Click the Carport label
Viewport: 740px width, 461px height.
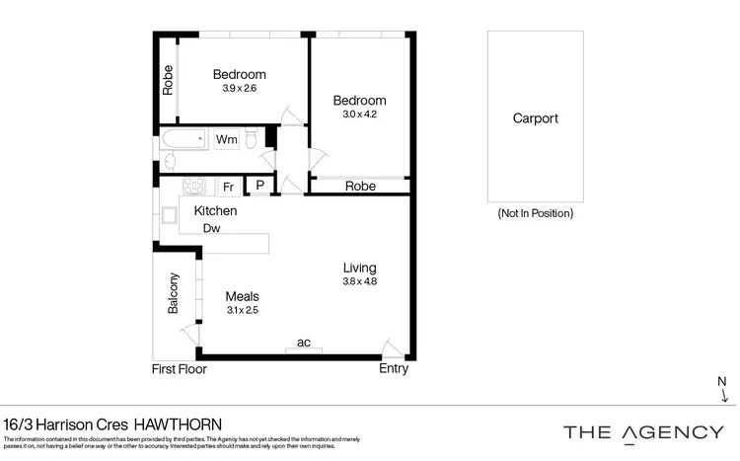pyautogui.click(x=535, y=118)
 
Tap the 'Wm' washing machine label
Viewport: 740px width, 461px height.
pyautogui.click(x=226, y=140)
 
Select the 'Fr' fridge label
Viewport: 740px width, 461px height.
pyautogui.click(x=227, y=187)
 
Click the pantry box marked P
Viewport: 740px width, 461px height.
pyautogui.click(x=259, y=185)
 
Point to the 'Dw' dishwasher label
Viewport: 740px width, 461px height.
pyautogui.click(x=210, y=228)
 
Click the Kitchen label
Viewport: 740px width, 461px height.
pyautogui.click(x=215, y=211)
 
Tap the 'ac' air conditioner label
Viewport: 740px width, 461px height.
pyautogui.click(x=304, y=343)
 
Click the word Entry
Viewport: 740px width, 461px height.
pyautogui.click(x=394, y=369)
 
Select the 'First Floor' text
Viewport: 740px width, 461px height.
pyautogui.click(x=179, y=369)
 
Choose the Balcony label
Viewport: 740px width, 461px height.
pyautogui.click(x=174, y=293)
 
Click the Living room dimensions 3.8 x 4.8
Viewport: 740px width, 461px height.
pyautogui.click(x=359, y=282)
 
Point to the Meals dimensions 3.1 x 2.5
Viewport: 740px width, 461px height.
pyautogui.click(x=242, y=311)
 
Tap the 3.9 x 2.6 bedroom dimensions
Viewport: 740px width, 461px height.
pyautogui.click(x=239, y=89)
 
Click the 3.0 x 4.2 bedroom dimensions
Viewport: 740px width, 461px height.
pyautogui.click(x=359, y=115)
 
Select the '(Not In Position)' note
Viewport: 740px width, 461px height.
pyautogui.click(x=536, y=213)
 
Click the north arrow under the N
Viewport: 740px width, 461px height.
pyautogui.click(x=725, y=397)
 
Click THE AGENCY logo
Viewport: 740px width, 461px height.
pyautogui.click(x=642, y=431)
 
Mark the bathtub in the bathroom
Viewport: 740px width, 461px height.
pyautogui.click(x=185, y=139)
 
